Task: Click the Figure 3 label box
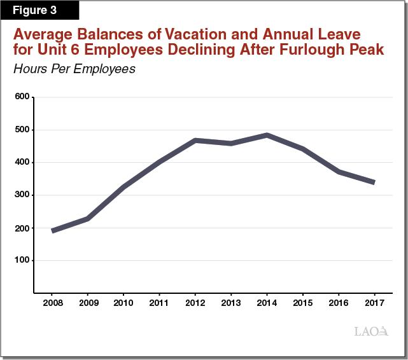coord(39,10)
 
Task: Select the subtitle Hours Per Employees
coord(74,69)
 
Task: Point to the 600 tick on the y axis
coord(22,97)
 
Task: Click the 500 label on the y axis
coord(22,130)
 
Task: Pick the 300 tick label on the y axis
coord(22,195)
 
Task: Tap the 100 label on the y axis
coord(22,261)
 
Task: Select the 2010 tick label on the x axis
coord(123,303)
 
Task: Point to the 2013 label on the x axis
coord(231,303)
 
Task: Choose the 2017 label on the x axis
coord(374,303)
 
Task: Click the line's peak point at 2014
coord(267,135)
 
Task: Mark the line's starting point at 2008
coord(52,230)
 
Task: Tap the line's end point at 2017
coord(374,182)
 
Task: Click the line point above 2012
coord(195,140)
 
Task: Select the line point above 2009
coord(88,219)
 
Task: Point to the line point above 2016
coord(338,172)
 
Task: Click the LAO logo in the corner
coord(370,331)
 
